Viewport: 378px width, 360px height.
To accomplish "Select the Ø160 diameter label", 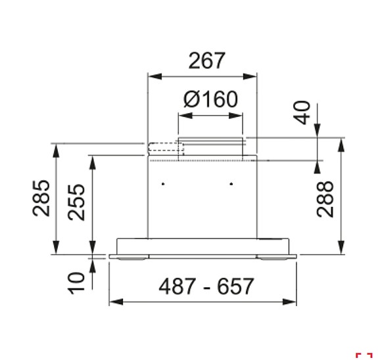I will [210, 100].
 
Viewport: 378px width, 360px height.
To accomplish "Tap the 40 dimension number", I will [302, 113].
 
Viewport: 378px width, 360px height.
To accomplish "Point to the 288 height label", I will [325, 198].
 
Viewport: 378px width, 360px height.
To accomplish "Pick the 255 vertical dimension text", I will [77, 202].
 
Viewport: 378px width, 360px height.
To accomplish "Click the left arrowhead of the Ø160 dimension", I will [182, 115].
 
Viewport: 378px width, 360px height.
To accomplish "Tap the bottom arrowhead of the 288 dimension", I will [342, 248].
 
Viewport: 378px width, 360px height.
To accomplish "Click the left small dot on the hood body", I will [164, 183].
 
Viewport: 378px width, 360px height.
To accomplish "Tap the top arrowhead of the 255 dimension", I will [92, 160].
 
